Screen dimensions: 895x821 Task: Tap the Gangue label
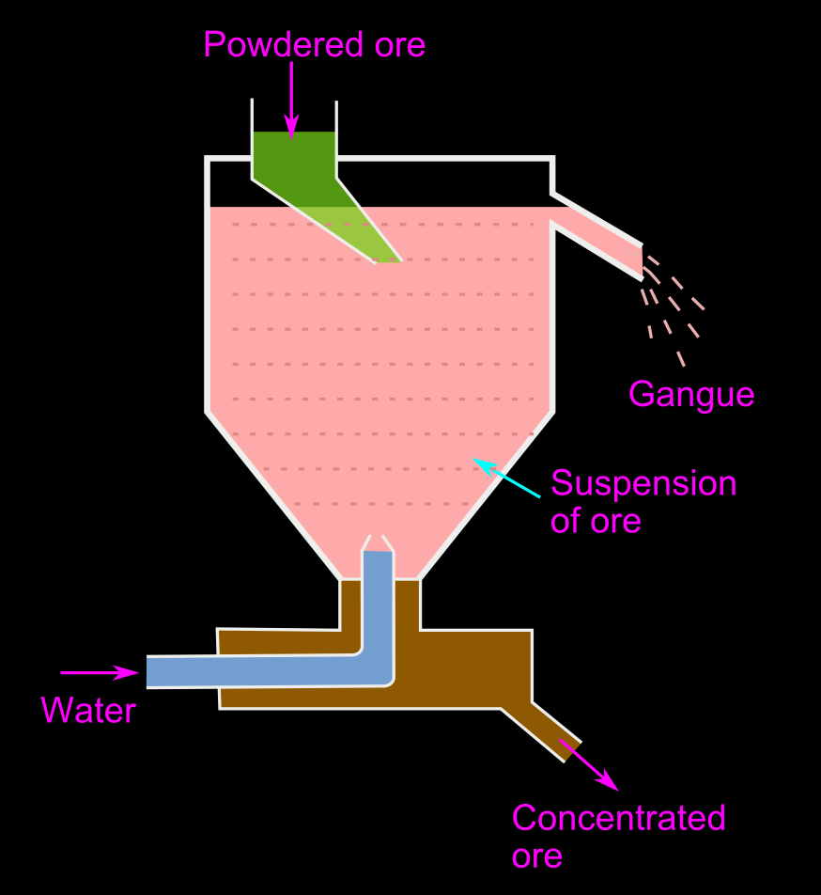pos(690,394)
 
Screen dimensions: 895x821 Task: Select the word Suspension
pos(643,483)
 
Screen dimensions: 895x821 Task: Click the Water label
pos(88,710)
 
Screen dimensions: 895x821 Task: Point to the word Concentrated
pos(618,818)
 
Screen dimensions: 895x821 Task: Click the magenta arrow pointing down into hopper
pos(292,99)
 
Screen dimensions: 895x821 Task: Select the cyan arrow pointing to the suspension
pos(506,478)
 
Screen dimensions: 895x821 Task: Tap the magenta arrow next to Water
pos(100,672)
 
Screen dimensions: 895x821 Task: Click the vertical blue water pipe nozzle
pos(378,602)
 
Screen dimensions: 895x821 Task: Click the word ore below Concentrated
pos(536,856)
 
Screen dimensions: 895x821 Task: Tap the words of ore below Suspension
pos(596,521)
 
